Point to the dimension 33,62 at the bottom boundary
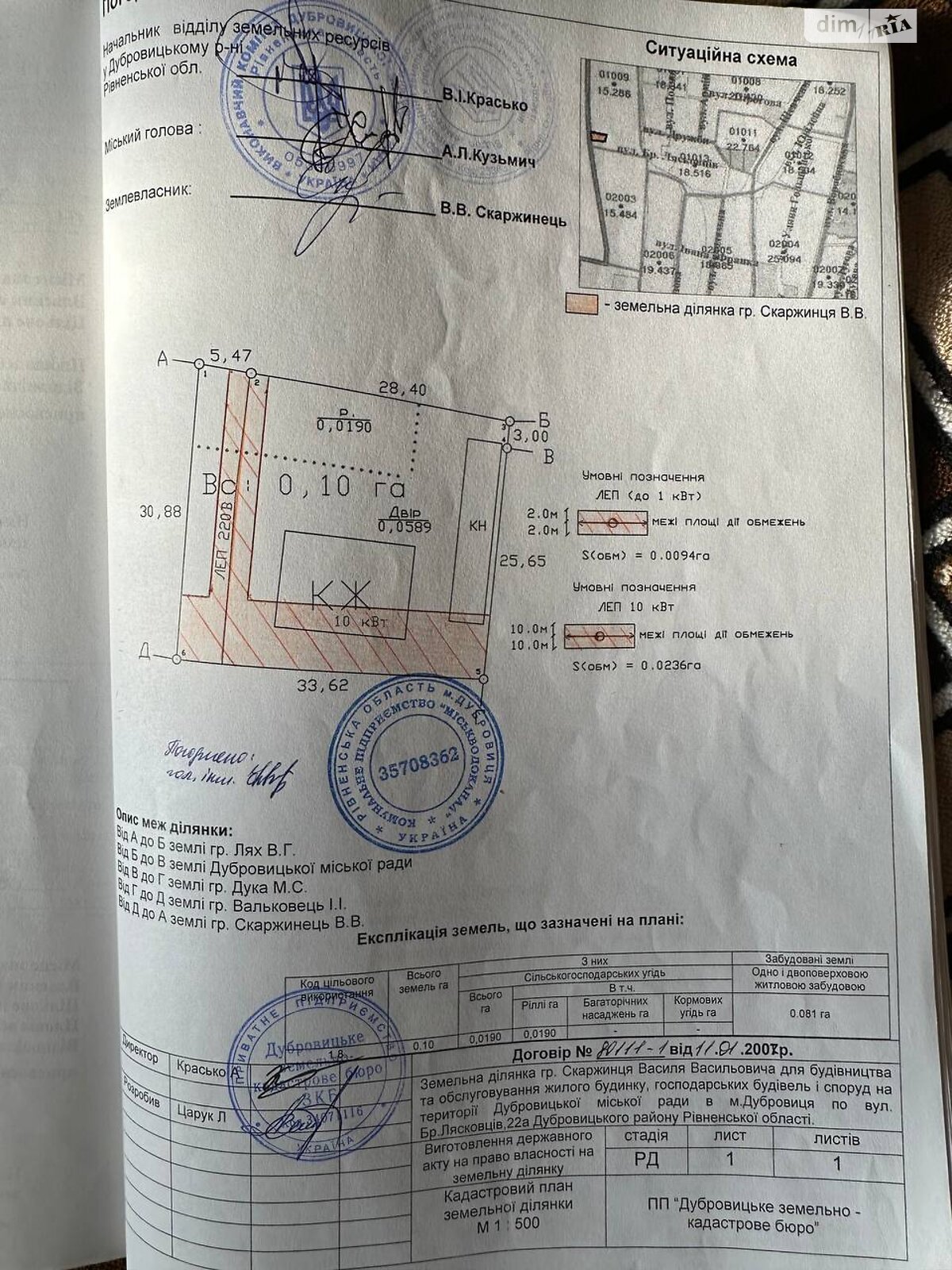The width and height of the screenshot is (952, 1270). [322, 685]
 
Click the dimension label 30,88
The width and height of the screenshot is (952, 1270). [161, 512]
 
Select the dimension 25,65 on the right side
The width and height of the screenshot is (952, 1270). [522, 560]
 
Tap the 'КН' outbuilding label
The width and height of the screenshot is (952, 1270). [478, 525]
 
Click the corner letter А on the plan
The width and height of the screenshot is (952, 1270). [164, 360]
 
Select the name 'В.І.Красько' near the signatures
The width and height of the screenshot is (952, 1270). [486, 100]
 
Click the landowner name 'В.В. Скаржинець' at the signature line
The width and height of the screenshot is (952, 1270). [503, 215]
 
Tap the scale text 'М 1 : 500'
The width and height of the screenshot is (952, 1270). [508, 1223]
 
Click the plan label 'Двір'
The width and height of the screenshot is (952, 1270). [405, 512]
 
